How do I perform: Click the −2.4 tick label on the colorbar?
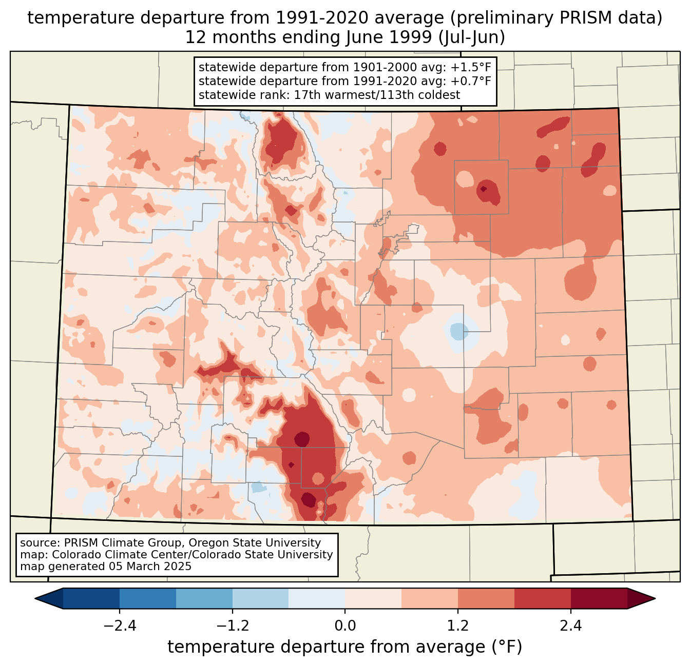(120, 626)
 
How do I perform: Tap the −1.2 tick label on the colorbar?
(232, 626)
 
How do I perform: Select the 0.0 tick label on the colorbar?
(345, 626)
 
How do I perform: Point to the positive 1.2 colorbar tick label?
(458, 626)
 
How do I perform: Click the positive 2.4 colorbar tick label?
(570, 626)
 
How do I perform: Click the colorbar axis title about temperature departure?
(345, 647)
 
